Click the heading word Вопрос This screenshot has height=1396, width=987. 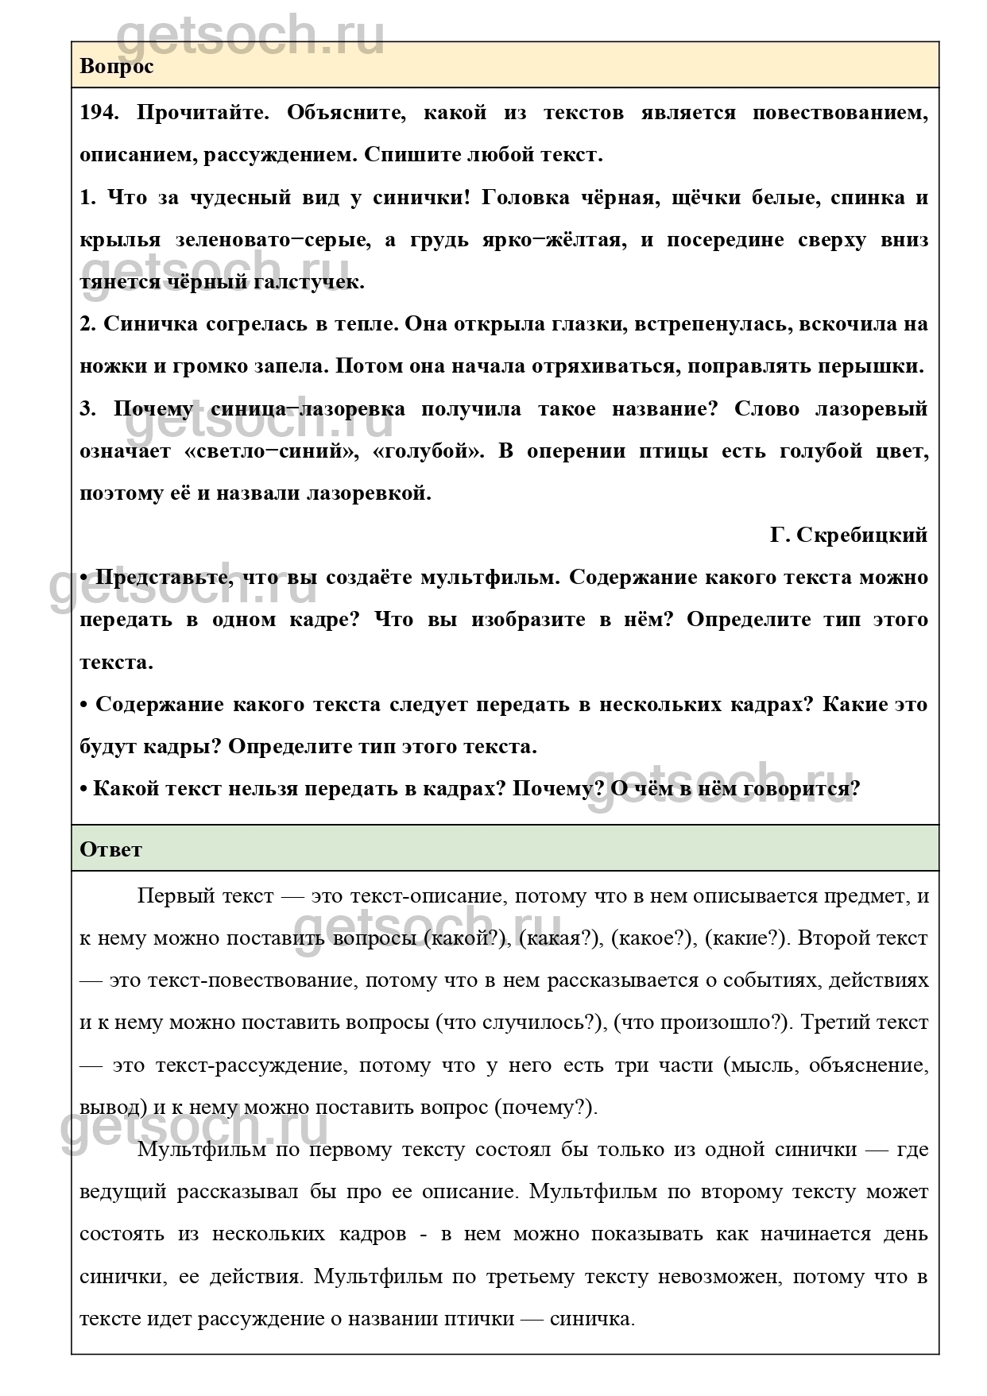pos(116,66)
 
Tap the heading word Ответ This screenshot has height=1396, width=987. pos(110,849)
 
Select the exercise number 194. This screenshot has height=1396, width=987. pos(99,112)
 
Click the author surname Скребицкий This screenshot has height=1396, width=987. pos(868,535)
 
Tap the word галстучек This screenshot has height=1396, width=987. pos(311,282)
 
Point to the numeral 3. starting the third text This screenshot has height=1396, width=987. pos(87,408)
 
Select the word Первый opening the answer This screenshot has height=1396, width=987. pos(176,895)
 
